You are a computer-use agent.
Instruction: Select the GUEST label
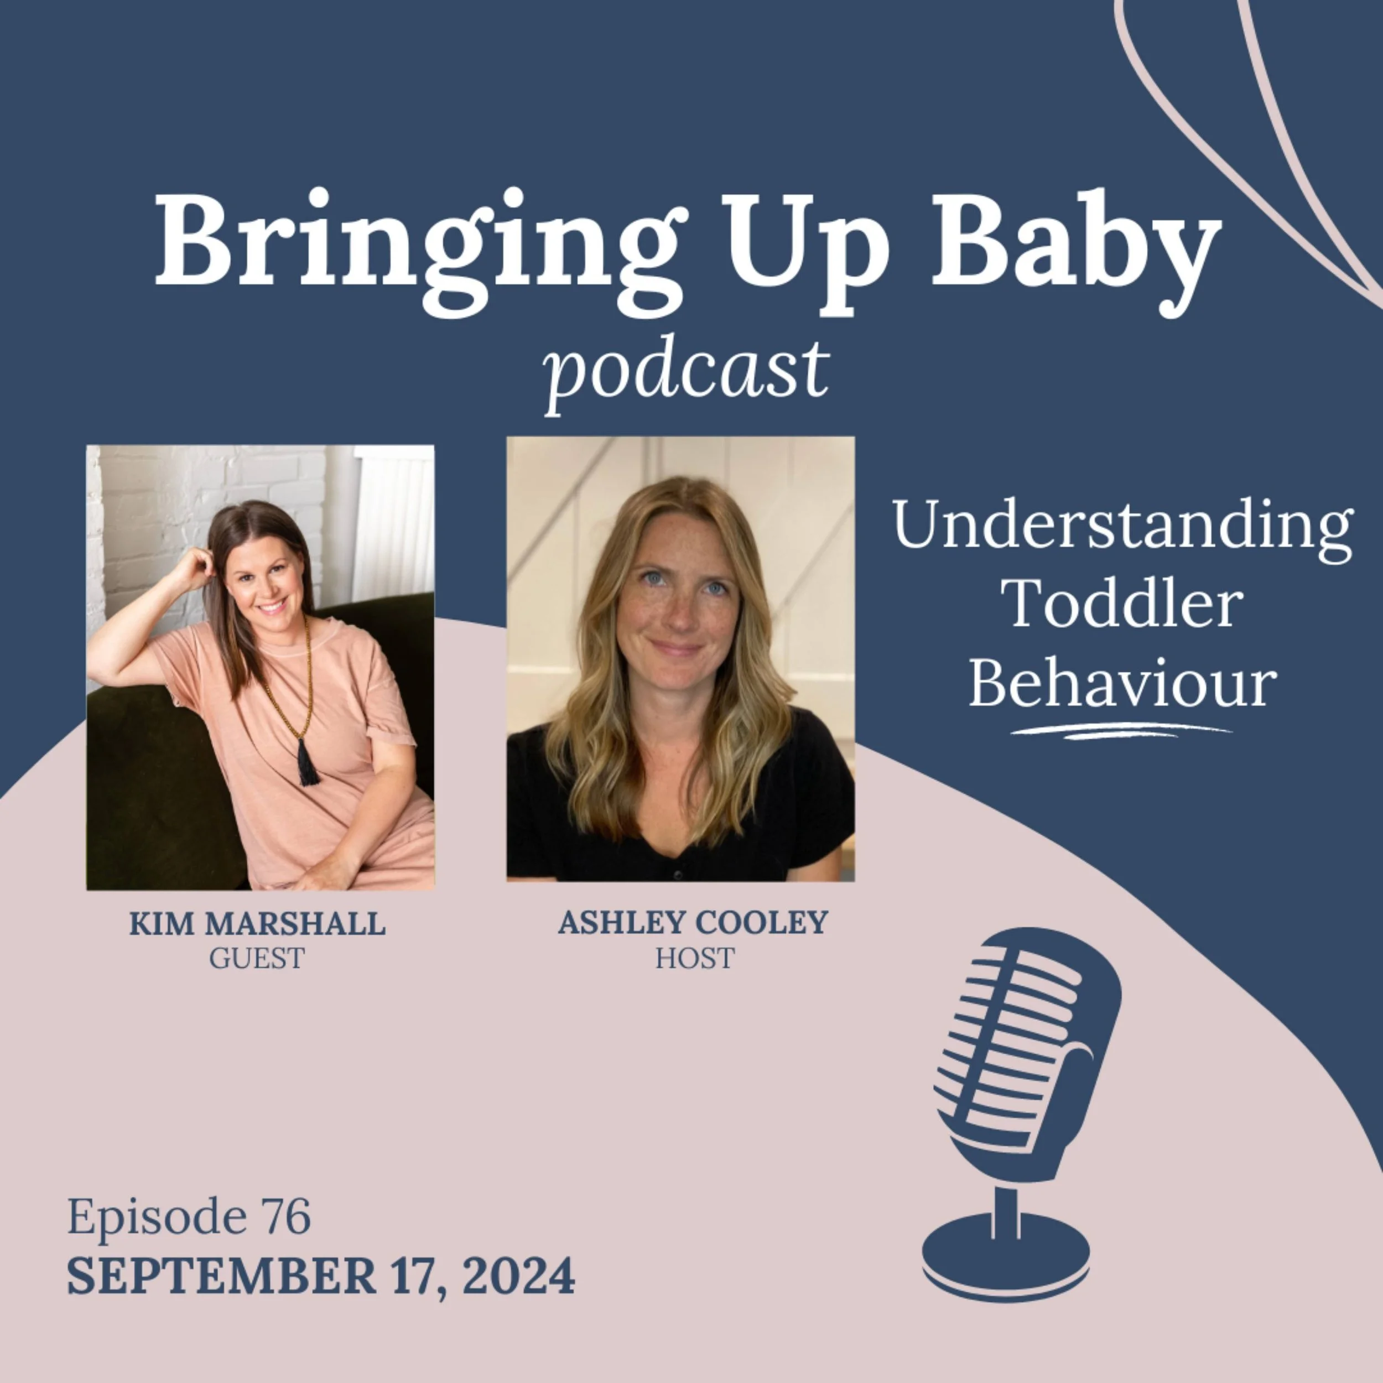257,958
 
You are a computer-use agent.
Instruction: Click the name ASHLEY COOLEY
693,922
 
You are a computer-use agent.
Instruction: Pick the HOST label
694,958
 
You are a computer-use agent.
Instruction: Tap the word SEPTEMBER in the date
221,1276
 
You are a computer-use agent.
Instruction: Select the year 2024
518,1276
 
